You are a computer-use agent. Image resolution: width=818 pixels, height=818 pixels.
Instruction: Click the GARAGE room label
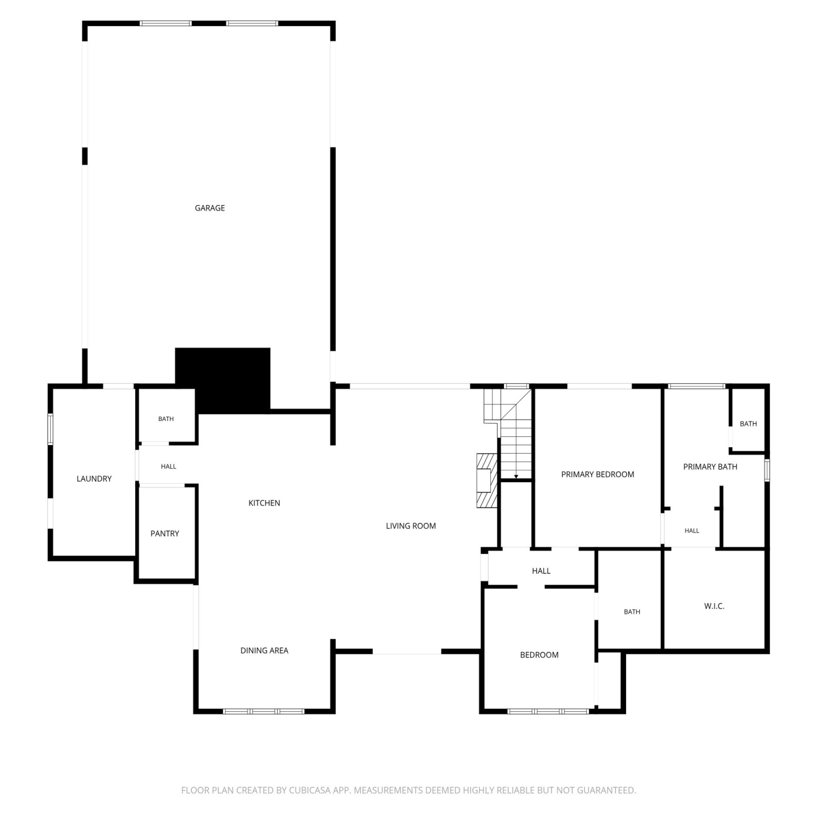[210, 208]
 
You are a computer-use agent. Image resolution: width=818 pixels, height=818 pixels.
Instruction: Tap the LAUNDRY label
[94, 479]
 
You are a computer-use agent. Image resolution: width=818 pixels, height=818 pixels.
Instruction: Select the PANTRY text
[165, 533]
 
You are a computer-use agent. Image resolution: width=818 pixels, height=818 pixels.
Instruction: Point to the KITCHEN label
[264, 503]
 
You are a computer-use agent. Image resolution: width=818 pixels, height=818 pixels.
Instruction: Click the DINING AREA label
[264, 650]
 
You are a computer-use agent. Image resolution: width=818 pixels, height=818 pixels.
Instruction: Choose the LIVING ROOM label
[411, 526]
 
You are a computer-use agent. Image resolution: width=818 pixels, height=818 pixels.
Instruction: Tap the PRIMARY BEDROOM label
[598, 474]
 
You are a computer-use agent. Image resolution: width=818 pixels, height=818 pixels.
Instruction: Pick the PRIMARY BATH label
[710, 467]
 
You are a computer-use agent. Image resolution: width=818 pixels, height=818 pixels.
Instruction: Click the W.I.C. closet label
[714, 606]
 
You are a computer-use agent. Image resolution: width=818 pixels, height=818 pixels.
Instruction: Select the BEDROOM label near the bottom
[539, 655]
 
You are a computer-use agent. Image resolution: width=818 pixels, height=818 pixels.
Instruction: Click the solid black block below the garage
[222, 380]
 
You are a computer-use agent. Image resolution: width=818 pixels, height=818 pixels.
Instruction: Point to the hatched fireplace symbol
[486, 480]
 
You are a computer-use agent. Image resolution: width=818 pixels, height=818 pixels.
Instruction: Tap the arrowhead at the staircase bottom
[516, 477]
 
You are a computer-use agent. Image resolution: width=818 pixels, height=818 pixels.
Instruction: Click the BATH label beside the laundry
[166, 419]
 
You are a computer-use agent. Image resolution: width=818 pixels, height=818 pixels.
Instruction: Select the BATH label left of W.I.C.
[632, 612]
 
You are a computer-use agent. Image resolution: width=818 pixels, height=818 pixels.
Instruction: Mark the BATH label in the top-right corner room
[748, 424]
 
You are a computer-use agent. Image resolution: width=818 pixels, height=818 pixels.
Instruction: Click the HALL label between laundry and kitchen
[169, 466]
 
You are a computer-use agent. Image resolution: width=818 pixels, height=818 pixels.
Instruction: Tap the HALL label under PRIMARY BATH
[692, 531]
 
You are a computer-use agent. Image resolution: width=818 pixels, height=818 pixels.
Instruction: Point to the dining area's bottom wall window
[264, 711]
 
